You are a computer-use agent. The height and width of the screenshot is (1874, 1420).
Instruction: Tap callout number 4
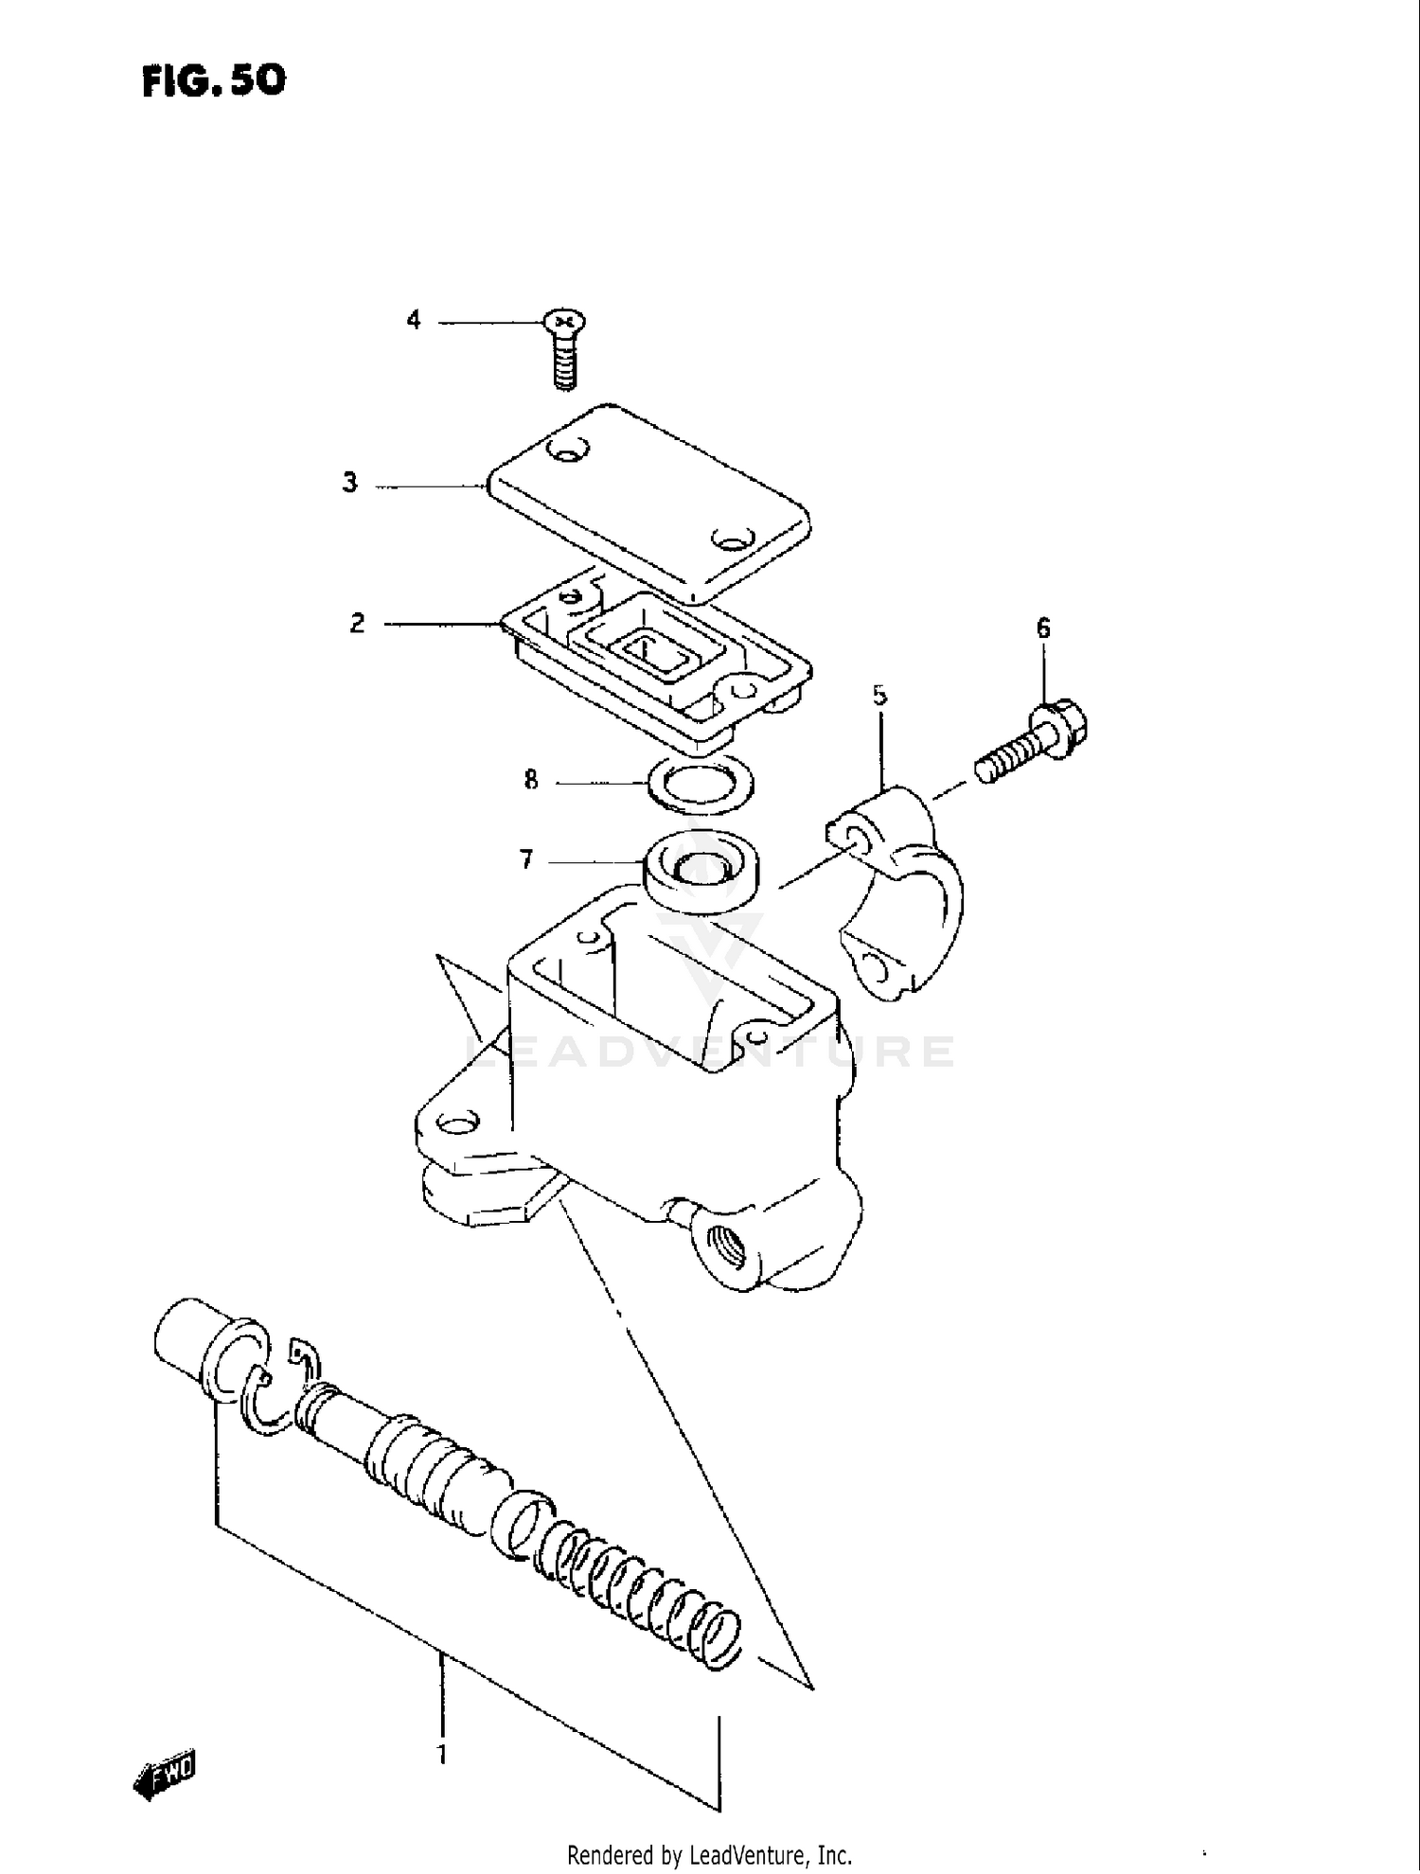coord(414,321)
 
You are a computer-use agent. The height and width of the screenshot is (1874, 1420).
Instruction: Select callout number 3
coord(350,483)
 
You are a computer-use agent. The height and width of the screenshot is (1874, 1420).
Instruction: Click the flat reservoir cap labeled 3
coord(648,502)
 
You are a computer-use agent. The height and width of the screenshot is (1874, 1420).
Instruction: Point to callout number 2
coord(357,623)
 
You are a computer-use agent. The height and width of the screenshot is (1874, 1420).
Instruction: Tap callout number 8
coord(531,780)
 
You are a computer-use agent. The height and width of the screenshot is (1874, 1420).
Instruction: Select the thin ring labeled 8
coord(701,785)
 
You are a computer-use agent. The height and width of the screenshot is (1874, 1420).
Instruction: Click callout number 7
coord(526,859)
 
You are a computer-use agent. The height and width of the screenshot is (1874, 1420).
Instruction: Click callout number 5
coord(879,697)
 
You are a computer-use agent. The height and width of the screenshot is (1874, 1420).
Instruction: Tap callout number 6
coord(1043,628)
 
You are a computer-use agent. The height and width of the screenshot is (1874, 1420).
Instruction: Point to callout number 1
coord(441,1754)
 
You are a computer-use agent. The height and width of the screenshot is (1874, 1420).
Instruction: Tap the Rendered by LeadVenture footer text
coord(709,1855)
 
